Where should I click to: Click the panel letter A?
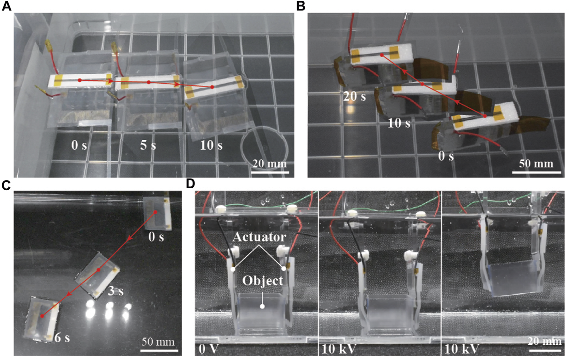click(7, 6)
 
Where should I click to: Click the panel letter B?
click(301, 6)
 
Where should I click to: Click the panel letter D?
click(190, 184)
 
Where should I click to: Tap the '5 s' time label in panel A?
click(148, 145)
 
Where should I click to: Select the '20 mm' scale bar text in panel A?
click(270, 163)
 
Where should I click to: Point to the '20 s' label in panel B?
click(354, 97)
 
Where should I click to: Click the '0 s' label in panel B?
click(446, 156)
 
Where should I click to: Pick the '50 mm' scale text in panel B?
click(536, 163)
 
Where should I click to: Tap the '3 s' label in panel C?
click(116, 291)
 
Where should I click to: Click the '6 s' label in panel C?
click(62, 337)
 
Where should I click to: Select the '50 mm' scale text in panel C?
click(158, 342)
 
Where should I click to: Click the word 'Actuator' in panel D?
click(259, 237)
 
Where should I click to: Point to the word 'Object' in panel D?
click(263, 280)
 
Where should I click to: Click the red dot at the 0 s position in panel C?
click(156, 212)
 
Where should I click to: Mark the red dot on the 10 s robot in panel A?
click(212, 87)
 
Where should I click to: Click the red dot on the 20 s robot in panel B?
click(381, 55)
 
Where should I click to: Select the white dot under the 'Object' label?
click(262, 306)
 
